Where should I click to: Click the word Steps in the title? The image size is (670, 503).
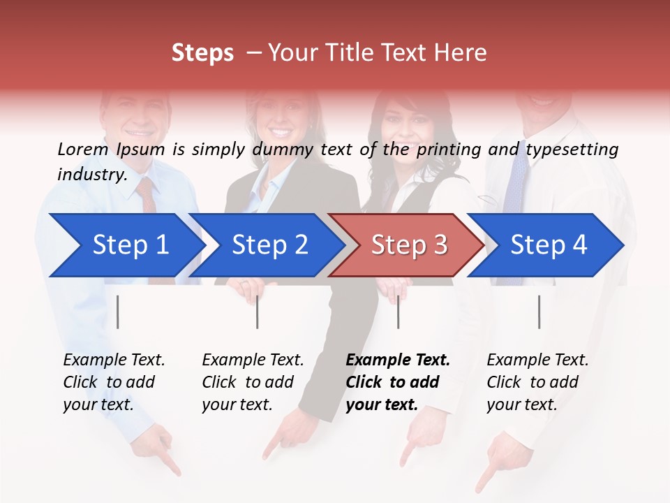point(202,53)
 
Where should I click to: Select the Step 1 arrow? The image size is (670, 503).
point(126,245)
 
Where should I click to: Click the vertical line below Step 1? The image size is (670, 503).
point(118,312)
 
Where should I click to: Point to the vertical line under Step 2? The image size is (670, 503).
point(258,312)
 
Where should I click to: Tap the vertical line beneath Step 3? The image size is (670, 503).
point(398,312)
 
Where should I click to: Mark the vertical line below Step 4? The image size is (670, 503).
point(539,312)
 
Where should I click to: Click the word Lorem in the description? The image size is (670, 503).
point(82,149)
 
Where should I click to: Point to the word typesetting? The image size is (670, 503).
point(572,150)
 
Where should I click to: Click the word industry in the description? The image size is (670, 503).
point(91,175)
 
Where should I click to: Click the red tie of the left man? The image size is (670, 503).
point(147,195)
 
